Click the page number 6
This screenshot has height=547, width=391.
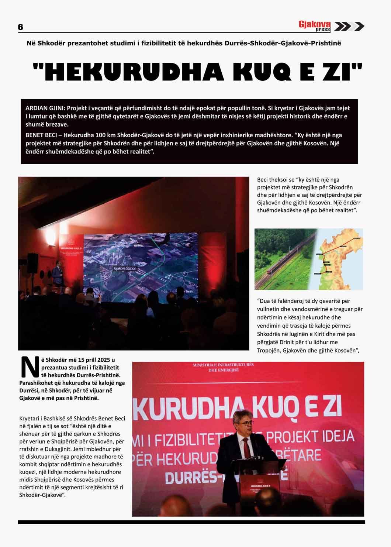tap(20, 27)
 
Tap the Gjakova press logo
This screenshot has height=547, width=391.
tap(314, 26)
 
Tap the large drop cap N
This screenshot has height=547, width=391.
tap(29, 367)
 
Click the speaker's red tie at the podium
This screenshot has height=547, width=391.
tap(246, 446)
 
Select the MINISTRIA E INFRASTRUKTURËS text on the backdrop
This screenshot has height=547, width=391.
tap(223, 365)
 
